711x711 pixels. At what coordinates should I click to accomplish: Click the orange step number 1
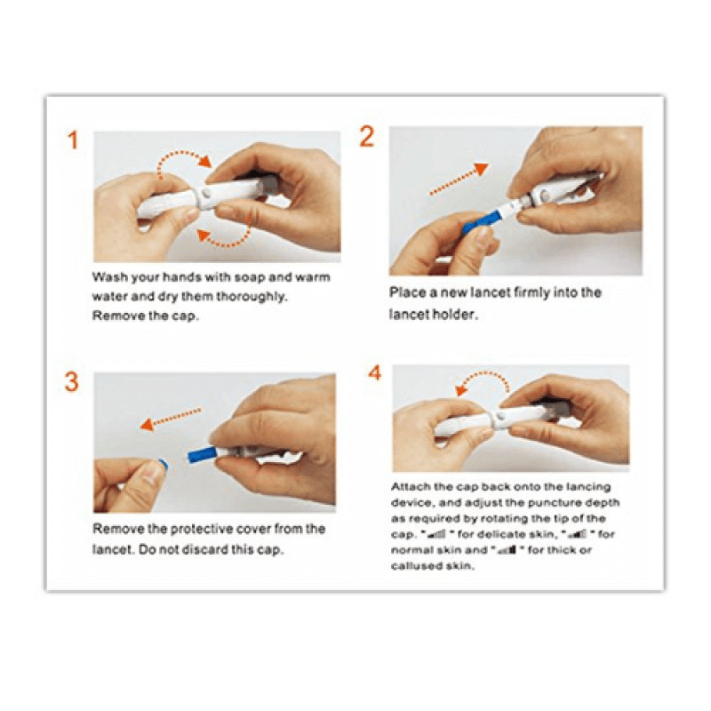[73, 140]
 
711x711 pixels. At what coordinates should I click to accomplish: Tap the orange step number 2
[367, 137]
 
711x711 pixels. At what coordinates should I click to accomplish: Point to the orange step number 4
[375, 372]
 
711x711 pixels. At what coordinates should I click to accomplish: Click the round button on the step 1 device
[208, 190]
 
